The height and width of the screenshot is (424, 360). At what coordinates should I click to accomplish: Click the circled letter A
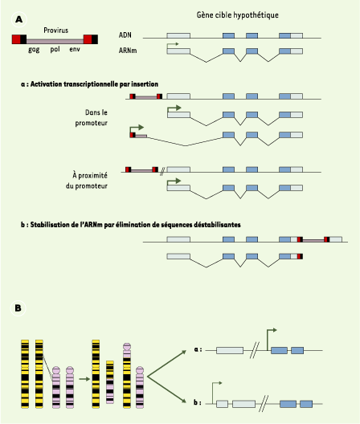pyautogui.click(x=19, y=19)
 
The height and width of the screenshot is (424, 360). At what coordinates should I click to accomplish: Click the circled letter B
pyautogui.click(x=18, y=308)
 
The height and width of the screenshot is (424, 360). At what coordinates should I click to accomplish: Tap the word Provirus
pyautogui.click(x=55, y=30)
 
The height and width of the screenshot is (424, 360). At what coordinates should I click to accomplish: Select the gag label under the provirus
pyautogui.click(x=34, y=50)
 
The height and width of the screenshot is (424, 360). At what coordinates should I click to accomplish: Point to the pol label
pyautogui.click(x=55, y=50)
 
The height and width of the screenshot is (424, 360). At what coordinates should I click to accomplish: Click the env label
pyautogui.click(x=75, y=49)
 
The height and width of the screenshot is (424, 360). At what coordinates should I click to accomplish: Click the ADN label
pyautogui.click(x=125, y=35)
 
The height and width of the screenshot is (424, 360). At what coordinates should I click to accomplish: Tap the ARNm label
pyautogui.click(x=128, y=51)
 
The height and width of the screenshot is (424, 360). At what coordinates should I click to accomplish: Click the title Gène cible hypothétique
pyautogui.click(x=237, y=15)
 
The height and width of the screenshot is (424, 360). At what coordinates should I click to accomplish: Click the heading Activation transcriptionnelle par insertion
pyautogui.click(x=94, y=84)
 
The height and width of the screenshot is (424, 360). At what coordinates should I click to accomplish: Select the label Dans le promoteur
pyautogui.click(x=92, y=117)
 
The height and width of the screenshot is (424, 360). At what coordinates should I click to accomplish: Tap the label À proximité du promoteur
pyautogui.click(x=87, y=181)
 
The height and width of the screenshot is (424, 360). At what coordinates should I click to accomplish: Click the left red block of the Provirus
pyautogui.click(x=16, y=39)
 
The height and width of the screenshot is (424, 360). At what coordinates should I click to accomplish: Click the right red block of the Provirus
pyautogui.click(x=88, y=39)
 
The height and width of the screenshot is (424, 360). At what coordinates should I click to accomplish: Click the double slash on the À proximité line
pyautogui.click(x=162, y=172)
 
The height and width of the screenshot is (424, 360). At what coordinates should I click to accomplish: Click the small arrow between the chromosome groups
pyautogui.click(x=84, y=379)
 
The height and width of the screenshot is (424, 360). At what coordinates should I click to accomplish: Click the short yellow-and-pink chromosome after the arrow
pyautogui.click(x=110, y=381)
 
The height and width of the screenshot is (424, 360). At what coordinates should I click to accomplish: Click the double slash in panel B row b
pyautogui.click(x=264, y=404)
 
